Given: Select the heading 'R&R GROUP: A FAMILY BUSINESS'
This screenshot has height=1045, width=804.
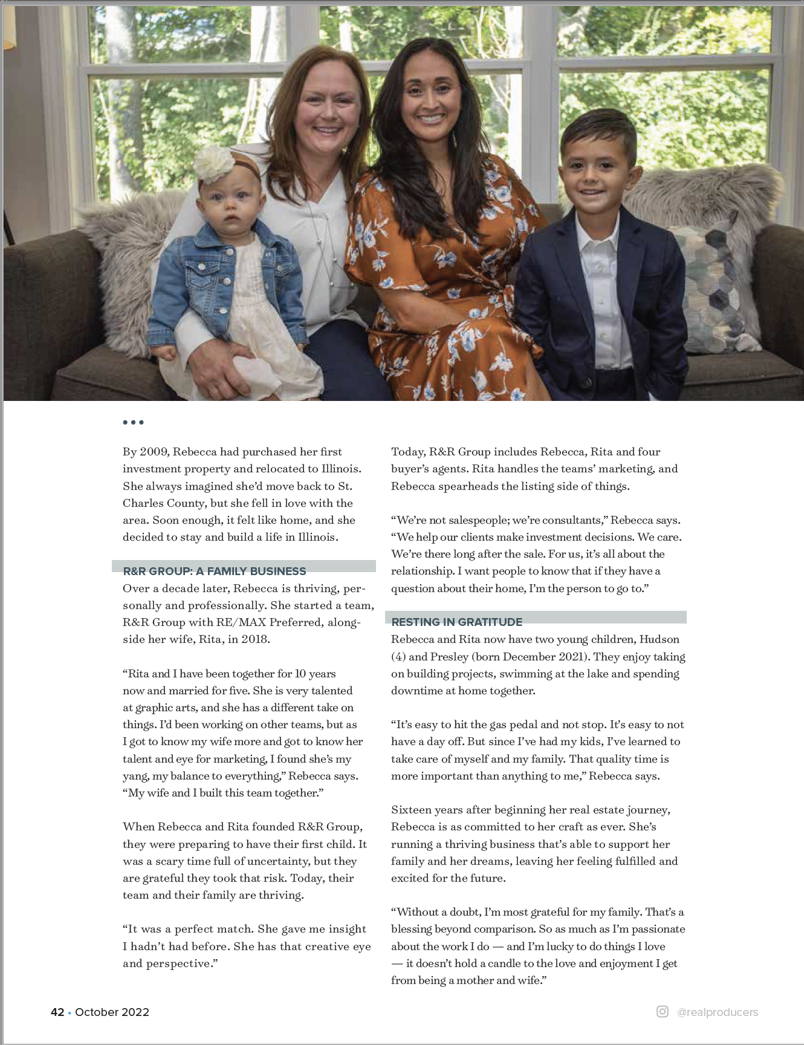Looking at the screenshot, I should (215, 571).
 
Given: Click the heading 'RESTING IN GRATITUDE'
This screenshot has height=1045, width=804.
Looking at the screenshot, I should (456, 622).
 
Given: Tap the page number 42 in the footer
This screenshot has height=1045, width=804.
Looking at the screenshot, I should (57, 1012).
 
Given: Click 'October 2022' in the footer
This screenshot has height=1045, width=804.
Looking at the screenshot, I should (112, 1012).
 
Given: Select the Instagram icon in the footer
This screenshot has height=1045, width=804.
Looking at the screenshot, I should (663, 1012).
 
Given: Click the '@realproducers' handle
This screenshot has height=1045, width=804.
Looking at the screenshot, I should (718, 1012).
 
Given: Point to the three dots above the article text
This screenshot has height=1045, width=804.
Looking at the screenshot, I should (133, 422).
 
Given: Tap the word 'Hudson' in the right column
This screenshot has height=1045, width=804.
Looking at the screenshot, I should (659, 639).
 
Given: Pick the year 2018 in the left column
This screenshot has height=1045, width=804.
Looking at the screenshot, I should (254, 639).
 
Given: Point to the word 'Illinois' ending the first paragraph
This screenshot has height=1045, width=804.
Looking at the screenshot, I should (317, 537).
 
